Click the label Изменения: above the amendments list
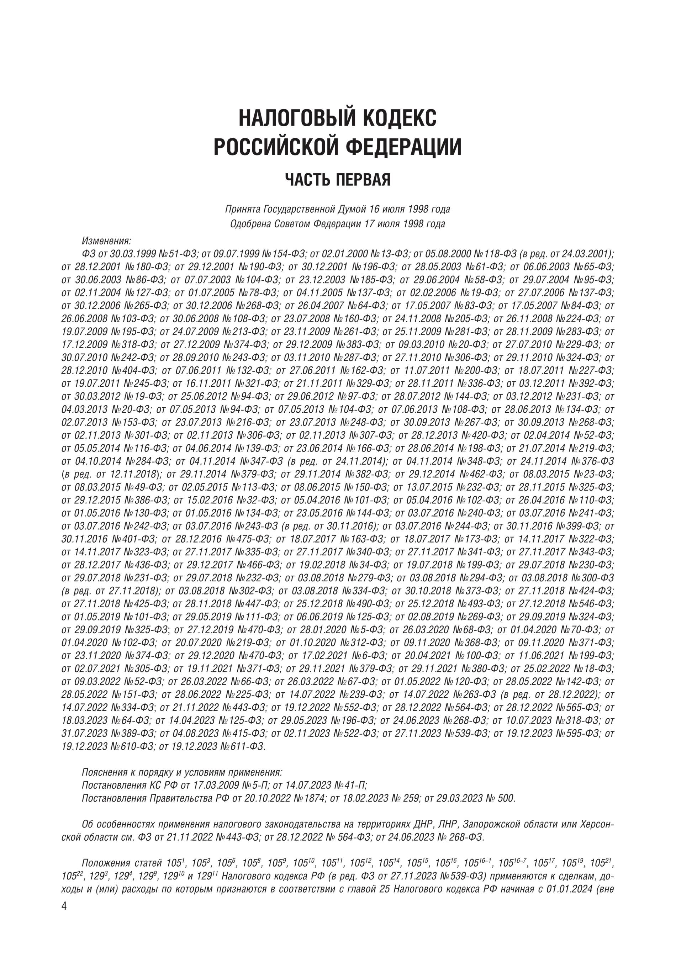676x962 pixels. coord(106,241)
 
